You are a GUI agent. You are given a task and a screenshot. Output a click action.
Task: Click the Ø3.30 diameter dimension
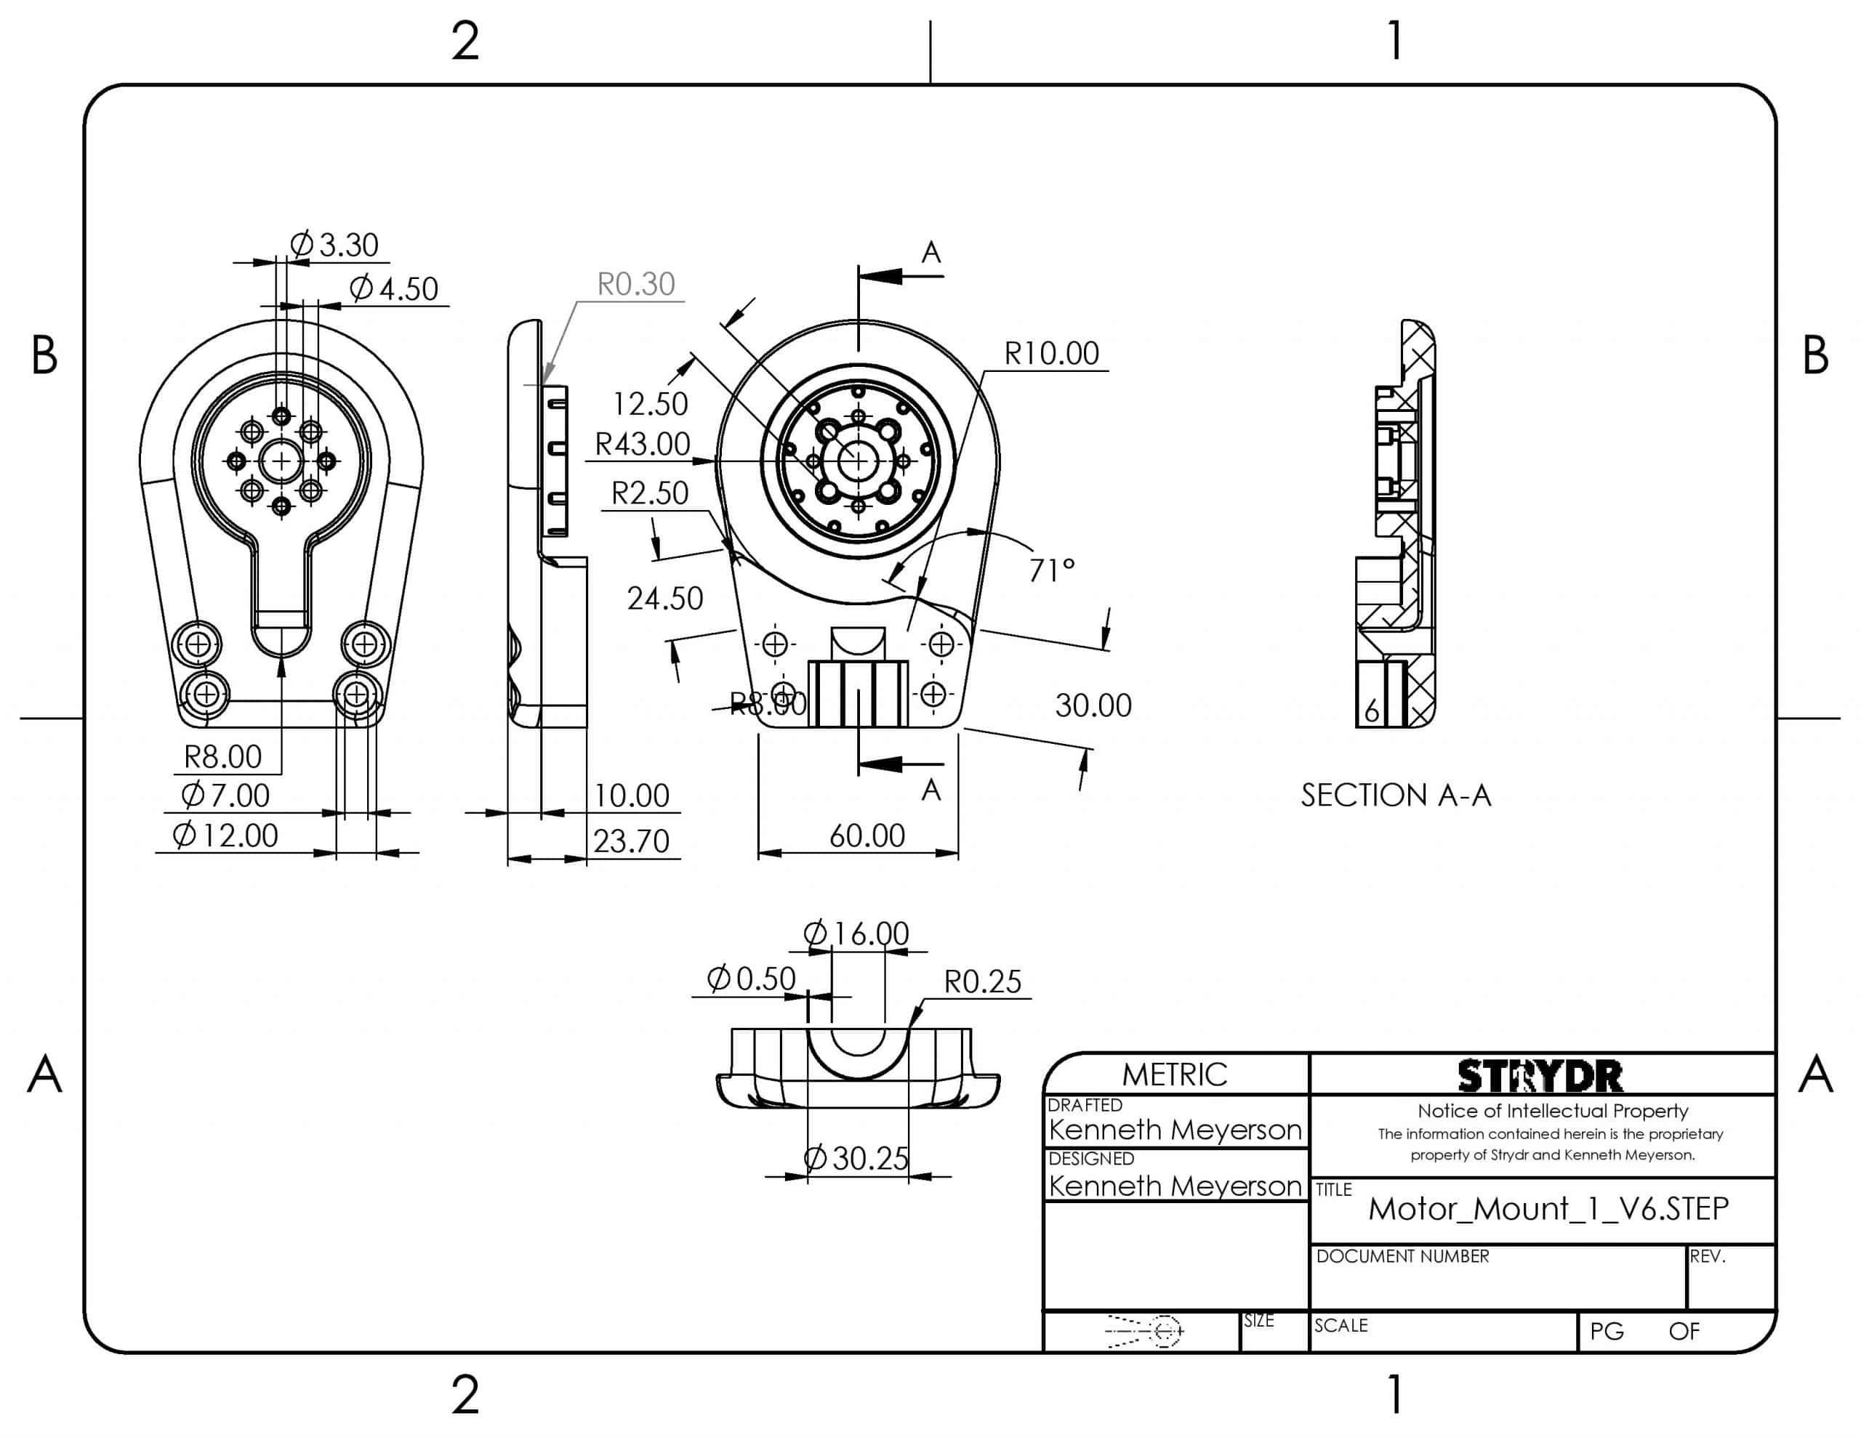[x=335, y=246]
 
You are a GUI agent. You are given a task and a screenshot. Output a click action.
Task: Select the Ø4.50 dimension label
[x=395, y=288]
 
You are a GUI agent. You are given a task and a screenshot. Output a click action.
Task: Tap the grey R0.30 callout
[x=635, y=283]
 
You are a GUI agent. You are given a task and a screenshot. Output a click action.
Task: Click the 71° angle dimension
[x=1051, y=570]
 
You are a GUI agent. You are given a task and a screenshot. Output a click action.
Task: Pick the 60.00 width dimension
[x=867, y=835]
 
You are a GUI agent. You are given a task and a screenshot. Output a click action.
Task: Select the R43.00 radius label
[x=642, y=444]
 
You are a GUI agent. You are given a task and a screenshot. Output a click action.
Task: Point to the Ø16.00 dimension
[x=856, y=934]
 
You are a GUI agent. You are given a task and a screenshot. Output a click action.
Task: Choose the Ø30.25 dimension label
[x=856, y=1159]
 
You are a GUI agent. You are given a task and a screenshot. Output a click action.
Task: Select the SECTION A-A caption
[x=1395, y=796]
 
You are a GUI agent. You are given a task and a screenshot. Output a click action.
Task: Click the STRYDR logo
[x=1540, y=1077]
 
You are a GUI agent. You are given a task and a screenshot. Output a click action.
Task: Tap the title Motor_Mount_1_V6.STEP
[x=1548, y=1209]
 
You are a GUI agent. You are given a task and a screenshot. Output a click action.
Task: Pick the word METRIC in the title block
[x=1174, y=1075]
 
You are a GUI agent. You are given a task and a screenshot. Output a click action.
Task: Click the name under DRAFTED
[x=1175, y=1130]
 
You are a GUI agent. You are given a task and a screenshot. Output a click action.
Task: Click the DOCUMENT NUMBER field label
[x=1402, y=1256]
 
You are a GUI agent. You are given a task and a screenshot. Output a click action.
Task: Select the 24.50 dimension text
[x=664, y=599]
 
